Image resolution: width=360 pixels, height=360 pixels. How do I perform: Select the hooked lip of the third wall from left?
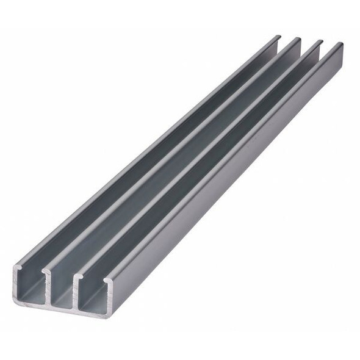77,277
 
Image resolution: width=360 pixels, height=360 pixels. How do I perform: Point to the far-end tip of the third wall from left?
319,42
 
